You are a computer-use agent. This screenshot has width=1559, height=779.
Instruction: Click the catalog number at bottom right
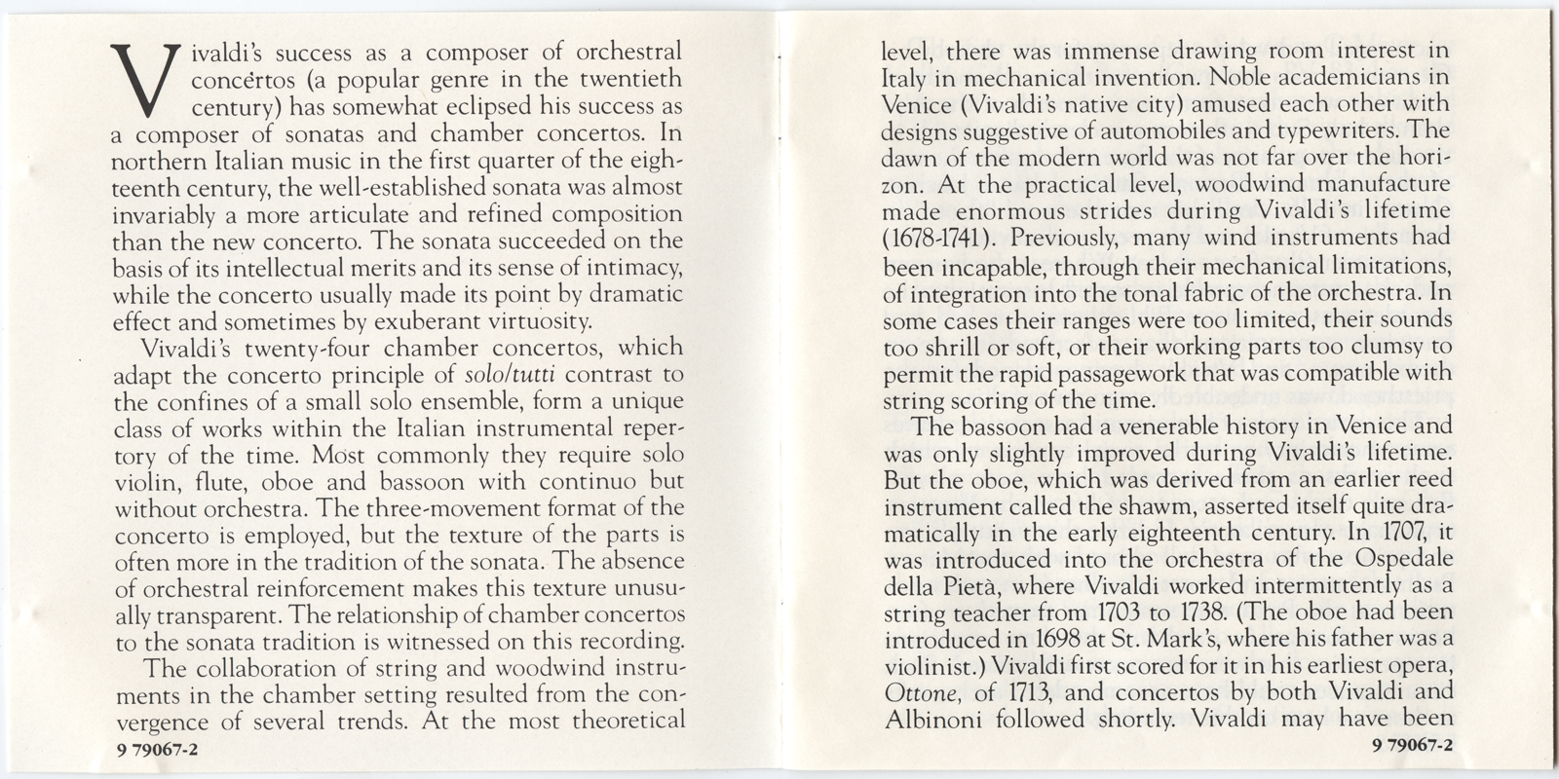1411,747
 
